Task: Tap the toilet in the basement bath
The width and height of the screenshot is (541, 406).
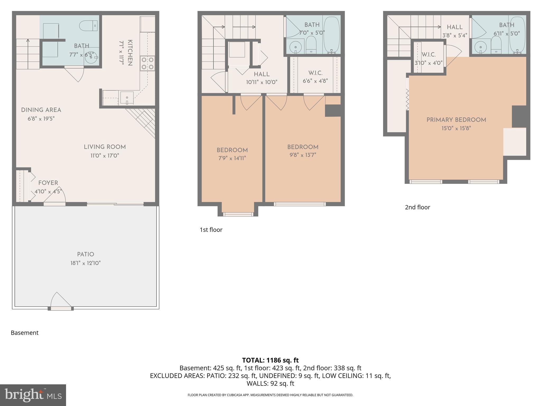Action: (88, 26)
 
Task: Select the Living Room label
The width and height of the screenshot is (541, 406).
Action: (105, 147)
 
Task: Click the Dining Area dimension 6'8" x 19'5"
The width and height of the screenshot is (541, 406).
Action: (41, 119)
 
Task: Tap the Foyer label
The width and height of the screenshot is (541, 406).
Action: (48, 183)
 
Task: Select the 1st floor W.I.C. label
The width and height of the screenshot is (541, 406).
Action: (315, 73)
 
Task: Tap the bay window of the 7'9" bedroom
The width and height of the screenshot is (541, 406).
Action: (238, 214)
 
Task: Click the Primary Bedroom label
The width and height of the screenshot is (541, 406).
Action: (456, 120)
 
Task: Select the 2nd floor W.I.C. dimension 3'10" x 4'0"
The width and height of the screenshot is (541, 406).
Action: (428, 63)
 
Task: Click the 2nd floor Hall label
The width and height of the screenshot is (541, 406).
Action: (455, 27)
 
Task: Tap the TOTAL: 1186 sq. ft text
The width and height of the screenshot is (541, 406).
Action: (270, 360)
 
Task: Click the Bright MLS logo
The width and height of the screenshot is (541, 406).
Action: (33, 395)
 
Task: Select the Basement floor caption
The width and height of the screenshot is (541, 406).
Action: (25, 333)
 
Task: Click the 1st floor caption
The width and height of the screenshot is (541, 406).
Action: (211, 230)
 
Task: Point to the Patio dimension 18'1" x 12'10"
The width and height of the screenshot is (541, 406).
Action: (85, 263)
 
